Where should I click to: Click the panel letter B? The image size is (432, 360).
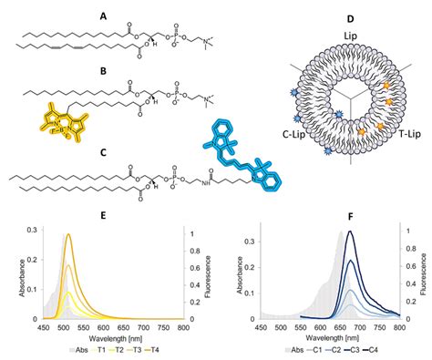[129, 70]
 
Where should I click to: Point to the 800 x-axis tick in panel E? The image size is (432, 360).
[184, 330]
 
